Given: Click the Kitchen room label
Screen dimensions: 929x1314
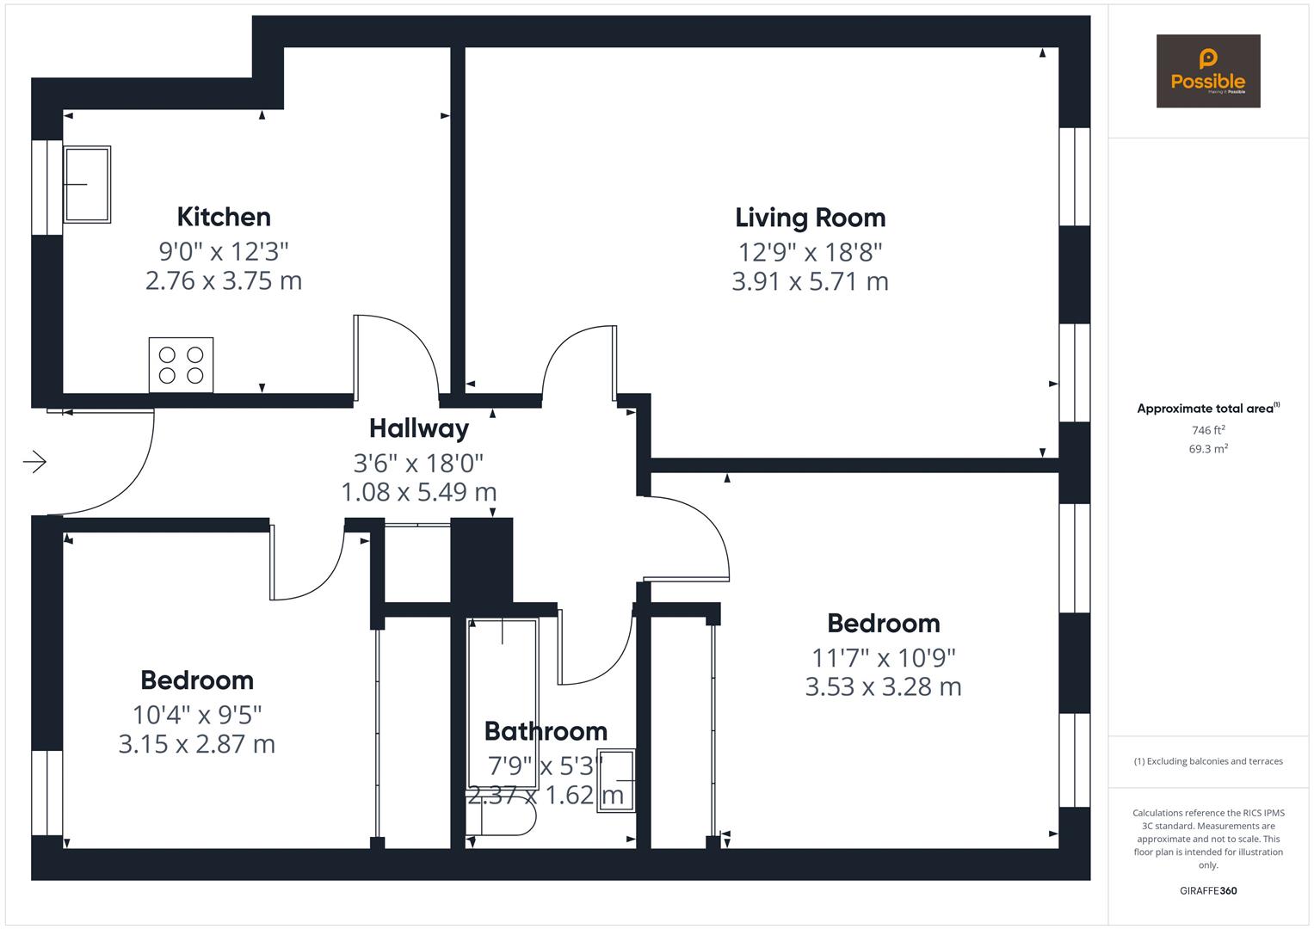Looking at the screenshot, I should coord(224,217).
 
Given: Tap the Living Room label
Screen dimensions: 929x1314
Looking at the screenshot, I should coord(810,218).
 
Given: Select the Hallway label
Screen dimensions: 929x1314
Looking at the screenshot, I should coord(419,428).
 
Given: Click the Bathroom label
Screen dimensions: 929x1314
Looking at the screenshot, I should coord(546,731).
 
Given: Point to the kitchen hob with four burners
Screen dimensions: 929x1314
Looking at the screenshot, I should coord(181,365).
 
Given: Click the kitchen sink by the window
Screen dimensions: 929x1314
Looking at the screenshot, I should coord(87,184).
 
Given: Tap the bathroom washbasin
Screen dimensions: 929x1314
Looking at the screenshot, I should coord(616,780).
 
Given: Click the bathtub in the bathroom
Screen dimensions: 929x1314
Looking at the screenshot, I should coord(503,702).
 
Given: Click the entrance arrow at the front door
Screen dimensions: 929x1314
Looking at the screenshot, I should coord(34,462).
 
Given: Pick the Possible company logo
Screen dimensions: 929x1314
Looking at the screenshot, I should coord(1207,71).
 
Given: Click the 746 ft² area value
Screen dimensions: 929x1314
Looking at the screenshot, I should coord(1208,430).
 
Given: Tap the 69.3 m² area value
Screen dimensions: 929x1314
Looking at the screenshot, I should coord(1208,449).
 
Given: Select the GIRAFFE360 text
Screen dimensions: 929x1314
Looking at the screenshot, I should coord(1208,890).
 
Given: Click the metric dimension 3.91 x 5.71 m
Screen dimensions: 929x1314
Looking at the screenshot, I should coord(810,281).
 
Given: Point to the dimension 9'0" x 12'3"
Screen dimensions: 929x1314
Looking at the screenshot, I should coord(224,251).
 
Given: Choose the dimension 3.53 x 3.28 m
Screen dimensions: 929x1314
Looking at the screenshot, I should coord(883,686).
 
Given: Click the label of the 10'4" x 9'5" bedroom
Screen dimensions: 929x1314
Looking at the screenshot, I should coord(197,680).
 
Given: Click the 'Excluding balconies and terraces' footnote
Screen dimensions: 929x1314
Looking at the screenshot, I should coord(1208,761).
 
